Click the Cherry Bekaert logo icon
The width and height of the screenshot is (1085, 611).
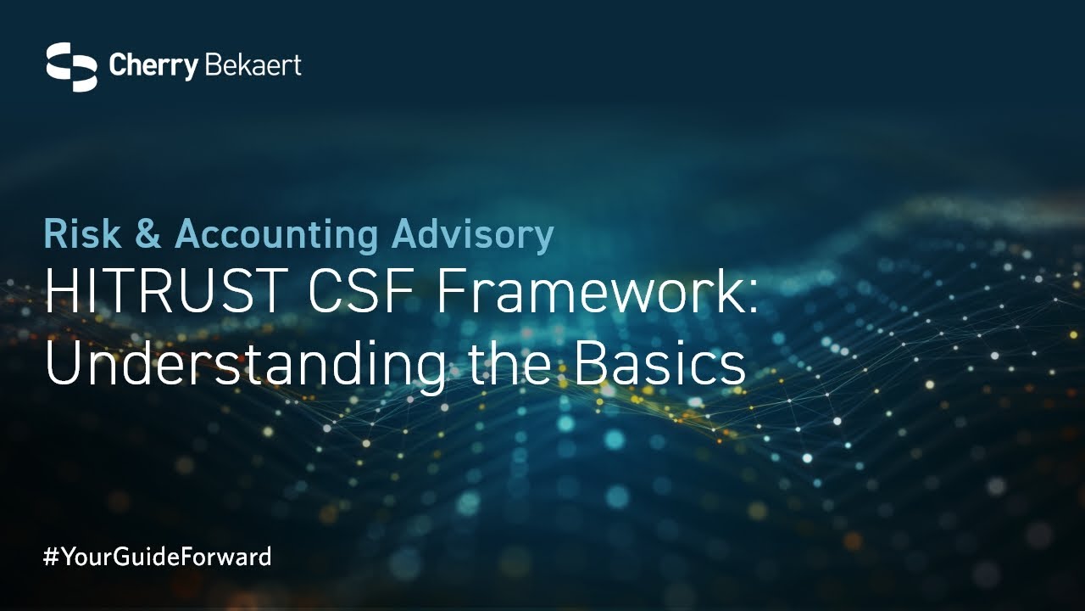click(x=71, y=66)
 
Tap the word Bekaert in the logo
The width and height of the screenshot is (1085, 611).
click(x=253, y=65)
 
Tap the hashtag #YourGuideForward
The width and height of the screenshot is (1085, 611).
click(x=158, y=558)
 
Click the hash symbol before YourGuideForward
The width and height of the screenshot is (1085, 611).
click(x=50, y=558)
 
